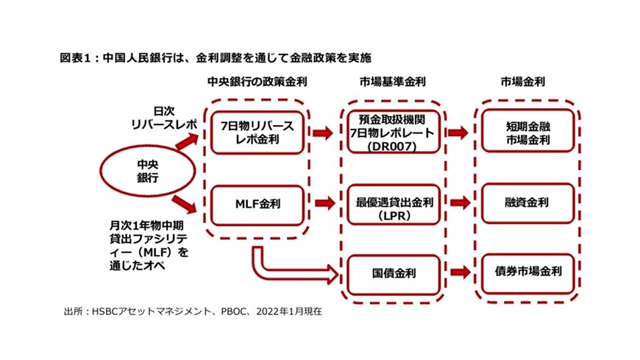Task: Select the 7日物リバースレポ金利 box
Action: click(257, 133)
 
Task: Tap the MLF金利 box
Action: click(257, 202)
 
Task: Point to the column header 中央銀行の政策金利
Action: click(257, 82)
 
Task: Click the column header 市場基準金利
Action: click(394, 82)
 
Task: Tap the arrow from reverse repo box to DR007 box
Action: click(323, 133)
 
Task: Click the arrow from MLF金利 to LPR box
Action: click(323, 202)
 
